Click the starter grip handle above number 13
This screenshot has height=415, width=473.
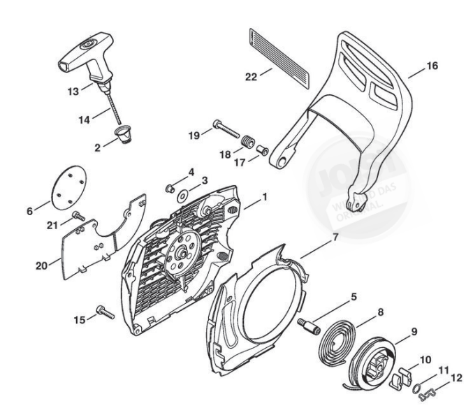pyautogui.click(x=87, y=53)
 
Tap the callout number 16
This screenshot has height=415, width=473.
pyautogui.click(x=432, y=66)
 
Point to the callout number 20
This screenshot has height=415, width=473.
pyautogui.click(x=41, y=263)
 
